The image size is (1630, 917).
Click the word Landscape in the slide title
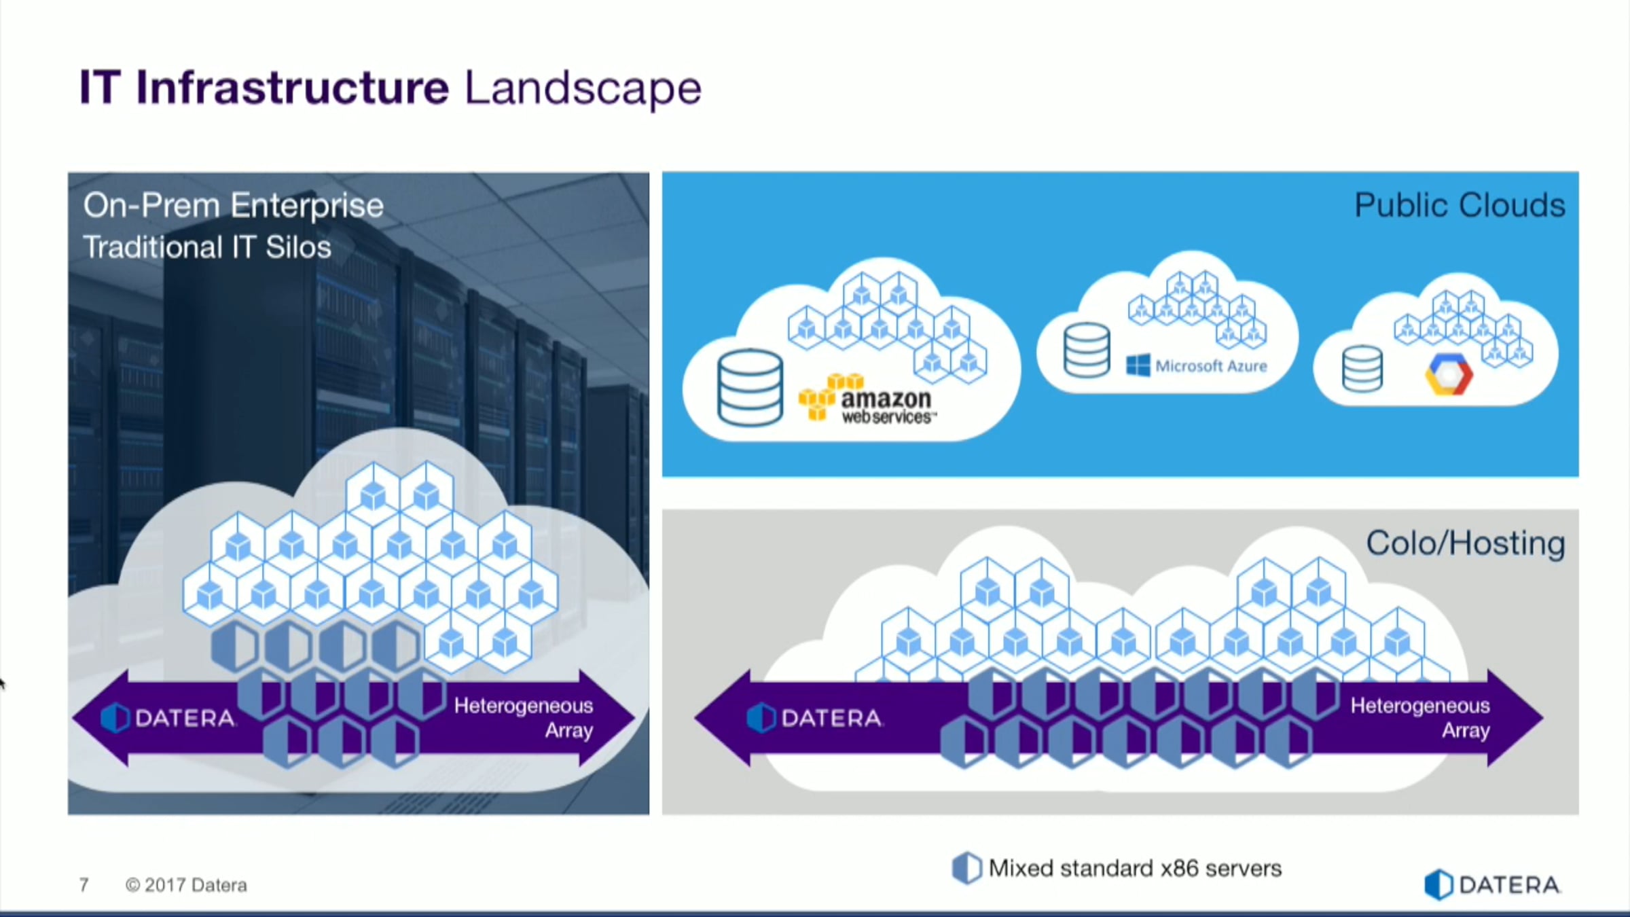pyautogui.click(x=582, y=88)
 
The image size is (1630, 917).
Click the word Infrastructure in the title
pyautogui.click(x=292, y=88)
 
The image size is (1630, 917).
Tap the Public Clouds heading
pyautogui.click(x=1460, y=205)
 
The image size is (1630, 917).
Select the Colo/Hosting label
pyautogui.click(x=1466, y=543)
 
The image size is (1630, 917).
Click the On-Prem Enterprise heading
pyautogui.click(x=233, y=205)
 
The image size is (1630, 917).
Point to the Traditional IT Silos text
pyautogui.click(x=207, y=247)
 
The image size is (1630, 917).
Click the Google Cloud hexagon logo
pyautogui.click(x=1448, y=374)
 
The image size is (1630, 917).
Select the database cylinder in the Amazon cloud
pyautogui.click(x=750, y=387)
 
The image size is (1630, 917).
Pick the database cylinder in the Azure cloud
pyautogui.click(x=1087, y=350)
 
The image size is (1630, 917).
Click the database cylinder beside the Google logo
pyautogui.click(x=1362, y=369)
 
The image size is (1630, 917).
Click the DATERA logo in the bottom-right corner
pyautogui.click(x=1492, y=885)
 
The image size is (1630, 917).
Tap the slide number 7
pyautogui.click(x=84, y=885)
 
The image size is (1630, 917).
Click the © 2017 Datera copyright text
pyautogui.click(x=186, y=885)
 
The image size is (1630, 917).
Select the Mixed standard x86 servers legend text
pyautogui.click(x=1135, y=869)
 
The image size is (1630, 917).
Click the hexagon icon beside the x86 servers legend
pyautogui.click(x=966, y=868)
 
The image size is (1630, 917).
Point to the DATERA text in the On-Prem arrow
pyautogui.click(x=184, y=718)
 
